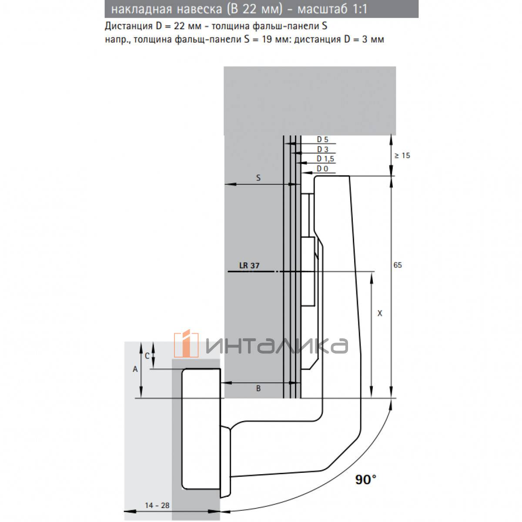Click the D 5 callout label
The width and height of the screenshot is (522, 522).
[x=322, y=140]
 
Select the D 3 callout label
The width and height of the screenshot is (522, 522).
[x=322, y=149]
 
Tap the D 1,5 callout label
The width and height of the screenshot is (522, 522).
[x=325, y=159]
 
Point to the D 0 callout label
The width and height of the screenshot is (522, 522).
[x=322, y=169]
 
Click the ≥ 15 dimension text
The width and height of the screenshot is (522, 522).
[x=402, y=155]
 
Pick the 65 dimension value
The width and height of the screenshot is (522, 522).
[x=398, y=265]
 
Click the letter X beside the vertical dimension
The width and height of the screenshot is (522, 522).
[x=379, y=313]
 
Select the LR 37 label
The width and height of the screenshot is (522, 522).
[x=249, y=265]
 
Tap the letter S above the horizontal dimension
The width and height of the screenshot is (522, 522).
[x=258, y=178]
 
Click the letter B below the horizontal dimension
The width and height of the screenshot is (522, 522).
[x=258, y=388]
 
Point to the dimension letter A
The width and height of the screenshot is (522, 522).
[x=135, y=369]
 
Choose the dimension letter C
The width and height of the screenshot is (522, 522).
[x=147, y=356]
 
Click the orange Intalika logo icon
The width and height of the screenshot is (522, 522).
[x=186, y=344]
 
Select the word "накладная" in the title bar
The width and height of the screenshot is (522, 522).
[x=142, y=9]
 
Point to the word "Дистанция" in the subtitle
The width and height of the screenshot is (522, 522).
[x=129, y=26]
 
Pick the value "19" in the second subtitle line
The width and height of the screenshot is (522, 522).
[x=267, y=39]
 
